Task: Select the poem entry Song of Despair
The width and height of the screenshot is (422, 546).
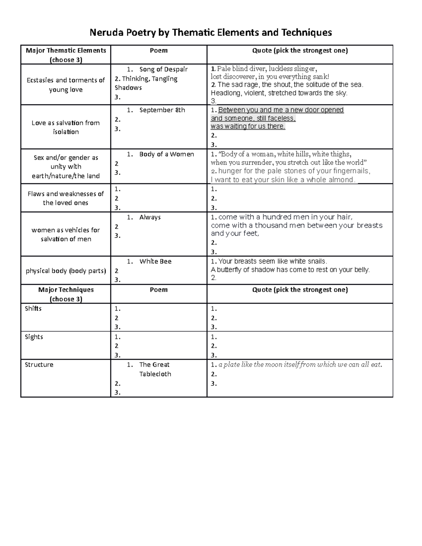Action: point(163,69)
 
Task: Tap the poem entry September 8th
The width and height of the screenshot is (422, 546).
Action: point(162,110)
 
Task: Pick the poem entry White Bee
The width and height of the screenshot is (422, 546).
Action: point(155,261)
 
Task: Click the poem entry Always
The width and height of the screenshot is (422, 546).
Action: point(150,217)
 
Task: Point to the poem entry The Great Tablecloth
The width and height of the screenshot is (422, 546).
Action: point(155,369)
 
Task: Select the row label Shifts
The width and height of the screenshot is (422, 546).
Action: point(33,308)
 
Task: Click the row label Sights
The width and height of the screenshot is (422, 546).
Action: point(34,337)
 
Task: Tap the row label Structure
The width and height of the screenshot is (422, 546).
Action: point(39,365)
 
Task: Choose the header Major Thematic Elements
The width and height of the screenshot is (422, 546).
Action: point(66,50)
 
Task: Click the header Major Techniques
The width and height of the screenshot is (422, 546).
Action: point(66,290)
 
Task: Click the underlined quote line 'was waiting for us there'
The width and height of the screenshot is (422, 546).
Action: point(248,126)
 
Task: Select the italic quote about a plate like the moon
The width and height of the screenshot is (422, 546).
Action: point(300,365)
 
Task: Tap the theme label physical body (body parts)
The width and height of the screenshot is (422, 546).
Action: point(66,271)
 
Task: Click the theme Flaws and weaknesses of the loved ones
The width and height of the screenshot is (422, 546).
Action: point(66,198)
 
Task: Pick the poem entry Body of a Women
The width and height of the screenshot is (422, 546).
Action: point(166,154)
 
